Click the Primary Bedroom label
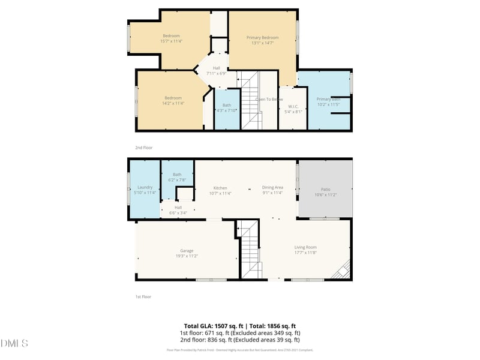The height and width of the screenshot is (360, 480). (263, 38)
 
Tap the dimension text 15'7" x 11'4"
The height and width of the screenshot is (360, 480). (171, 41)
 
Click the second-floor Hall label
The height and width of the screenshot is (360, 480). (216, 68)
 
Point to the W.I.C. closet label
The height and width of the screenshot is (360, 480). (293, 106)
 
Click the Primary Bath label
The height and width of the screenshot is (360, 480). (328, 99)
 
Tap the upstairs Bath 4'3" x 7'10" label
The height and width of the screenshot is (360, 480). (227, 106)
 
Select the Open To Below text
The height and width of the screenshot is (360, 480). (269, 99)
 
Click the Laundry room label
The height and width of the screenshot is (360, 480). (145, 187)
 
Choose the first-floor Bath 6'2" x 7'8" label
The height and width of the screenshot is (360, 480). (177, 175)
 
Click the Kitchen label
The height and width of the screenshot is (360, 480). (220, 188)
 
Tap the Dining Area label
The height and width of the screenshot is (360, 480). (272, 188)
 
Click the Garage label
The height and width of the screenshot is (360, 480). (187, 251)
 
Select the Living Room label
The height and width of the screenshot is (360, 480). (305, 247)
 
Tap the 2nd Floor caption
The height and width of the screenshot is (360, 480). (144, 147)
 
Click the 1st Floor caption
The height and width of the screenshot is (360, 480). (143, 296)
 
